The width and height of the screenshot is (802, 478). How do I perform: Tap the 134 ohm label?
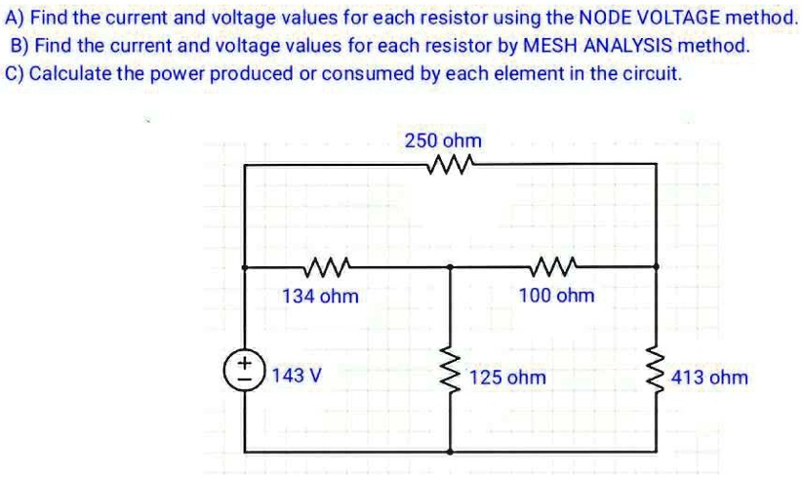coord(320,296)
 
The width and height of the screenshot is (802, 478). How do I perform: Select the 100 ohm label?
coord(556,295)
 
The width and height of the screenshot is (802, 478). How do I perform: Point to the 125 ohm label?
coord(507,377)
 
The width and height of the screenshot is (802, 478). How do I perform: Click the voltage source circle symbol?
coord(244,373)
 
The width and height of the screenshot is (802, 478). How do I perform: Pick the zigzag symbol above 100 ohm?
coord(555,264)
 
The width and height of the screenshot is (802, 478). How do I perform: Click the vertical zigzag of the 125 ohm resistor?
coord(451,376)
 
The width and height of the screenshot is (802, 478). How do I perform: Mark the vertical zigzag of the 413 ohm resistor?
coord(655,376)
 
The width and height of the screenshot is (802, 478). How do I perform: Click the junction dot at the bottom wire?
coord(451,452)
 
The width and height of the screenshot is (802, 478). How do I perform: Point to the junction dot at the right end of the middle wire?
coord(655,265)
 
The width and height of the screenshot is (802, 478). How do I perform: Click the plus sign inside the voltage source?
coord(244,365)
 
